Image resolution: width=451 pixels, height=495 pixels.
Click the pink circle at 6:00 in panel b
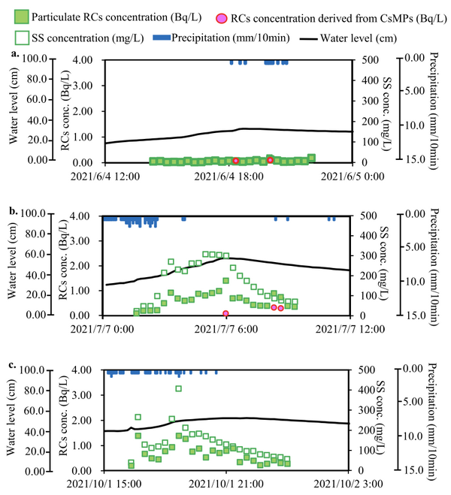point(225,313)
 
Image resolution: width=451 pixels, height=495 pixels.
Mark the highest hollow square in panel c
point(178,388)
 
